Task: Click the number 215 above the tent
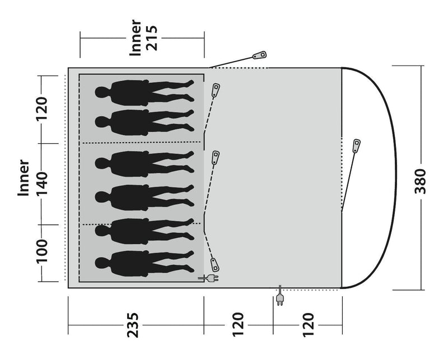coord(152,38)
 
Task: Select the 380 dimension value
coord(420,181)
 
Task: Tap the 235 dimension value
coord(133,325)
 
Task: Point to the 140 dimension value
coord(41,184)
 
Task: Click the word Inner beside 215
coord(136,38)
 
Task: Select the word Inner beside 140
coord(24,178)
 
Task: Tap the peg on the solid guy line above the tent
coord(259,55)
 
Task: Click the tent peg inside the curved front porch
coord(356,146)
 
